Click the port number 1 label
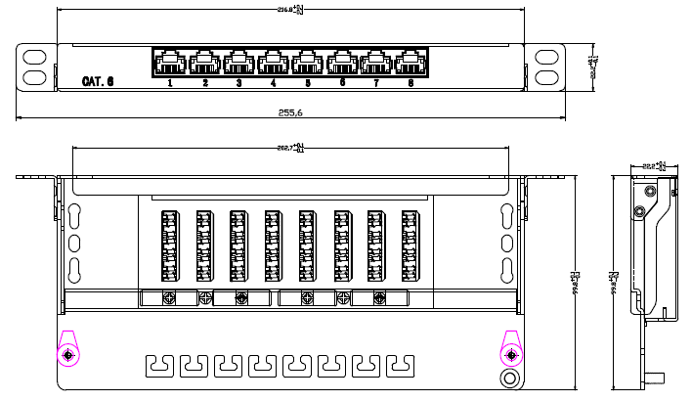tap(170, 83)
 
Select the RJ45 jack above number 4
tap(273, 64)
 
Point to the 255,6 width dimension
tap(290, 112)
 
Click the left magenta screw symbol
tap(68, 354)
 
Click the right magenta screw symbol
tap(509, 354)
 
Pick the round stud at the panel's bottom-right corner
tap(509, 379)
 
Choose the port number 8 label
tap(410, 83)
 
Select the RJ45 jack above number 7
tap(375, 64)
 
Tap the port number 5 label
tap(307, 83)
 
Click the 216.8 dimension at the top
tap(290, 10)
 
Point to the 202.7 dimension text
tap(290, 149)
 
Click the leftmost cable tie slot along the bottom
tap(159, 366)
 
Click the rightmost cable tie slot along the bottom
tap(399, 366)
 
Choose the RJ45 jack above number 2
tap(204, 64)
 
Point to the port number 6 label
tap(342, 83)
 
